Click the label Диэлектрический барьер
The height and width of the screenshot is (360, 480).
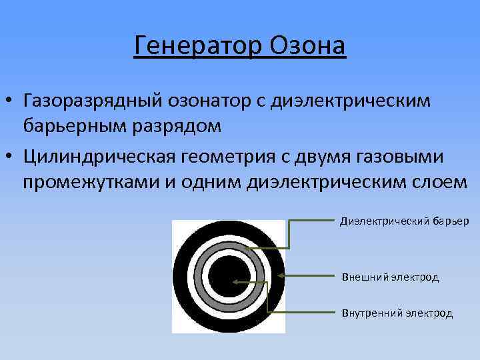point(405,221)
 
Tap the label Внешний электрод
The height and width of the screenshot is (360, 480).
point(390,277)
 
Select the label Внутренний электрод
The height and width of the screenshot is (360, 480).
point(397,313)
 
